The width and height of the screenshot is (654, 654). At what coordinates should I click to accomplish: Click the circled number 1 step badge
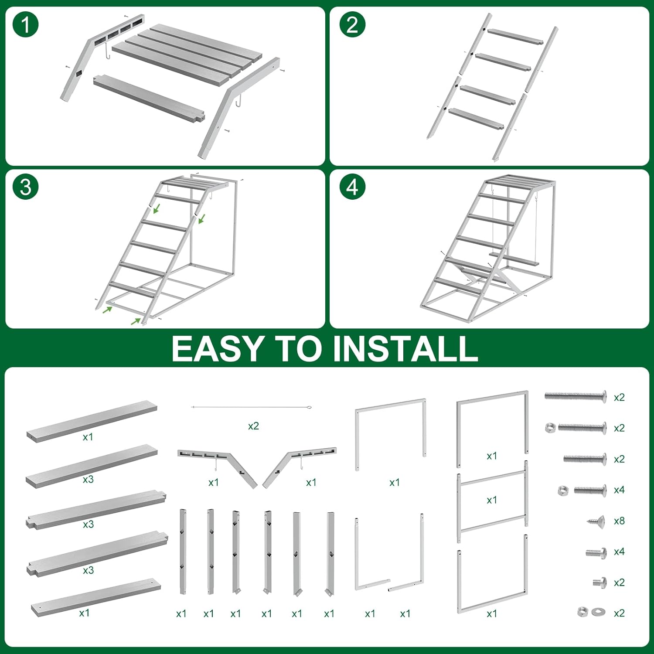coord(26,25)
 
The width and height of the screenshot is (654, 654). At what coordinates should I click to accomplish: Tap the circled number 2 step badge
coord(352,25)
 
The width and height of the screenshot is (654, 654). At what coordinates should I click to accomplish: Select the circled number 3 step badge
coord(26,187)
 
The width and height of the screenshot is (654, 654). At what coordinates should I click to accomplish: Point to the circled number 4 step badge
coord(352,187)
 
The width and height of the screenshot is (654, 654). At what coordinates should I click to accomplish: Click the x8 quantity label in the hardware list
coord(619,521)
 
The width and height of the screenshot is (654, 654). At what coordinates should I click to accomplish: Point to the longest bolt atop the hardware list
coord(576,396)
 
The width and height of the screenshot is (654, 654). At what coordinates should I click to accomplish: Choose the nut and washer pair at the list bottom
coord(591,612)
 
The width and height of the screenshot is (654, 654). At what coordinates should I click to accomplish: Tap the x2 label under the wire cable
coord(253,426)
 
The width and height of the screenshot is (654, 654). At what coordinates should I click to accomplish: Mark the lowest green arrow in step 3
coord(136,322)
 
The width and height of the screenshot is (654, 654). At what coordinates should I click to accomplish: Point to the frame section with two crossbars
coord(492,501)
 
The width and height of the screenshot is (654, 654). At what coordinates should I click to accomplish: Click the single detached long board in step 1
coord(149,98)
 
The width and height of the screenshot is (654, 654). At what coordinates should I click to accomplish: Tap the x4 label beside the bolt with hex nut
coord(619,490)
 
